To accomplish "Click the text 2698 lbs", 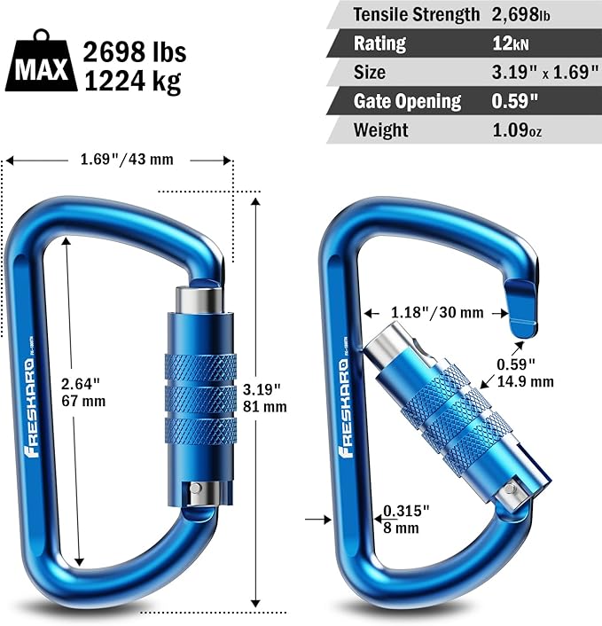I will [x=132, y=52].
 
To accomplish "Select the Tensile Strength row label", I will [x=416, y=14].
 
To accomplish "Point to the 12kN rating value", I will [x=511, y=43].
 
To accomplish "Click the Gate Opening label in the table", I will [x=407, y=101].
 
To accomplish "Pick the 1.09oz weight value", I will [x=517, y=130].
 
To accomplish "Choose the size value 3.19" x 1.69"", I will [x=544, y=72].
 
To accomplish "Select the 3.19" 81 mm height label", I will [x=264, y=398].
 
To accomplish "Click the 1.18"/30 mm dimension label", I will [x=436, y=312].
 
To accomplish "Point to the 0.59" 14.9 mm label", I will [x=524, y=372].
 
